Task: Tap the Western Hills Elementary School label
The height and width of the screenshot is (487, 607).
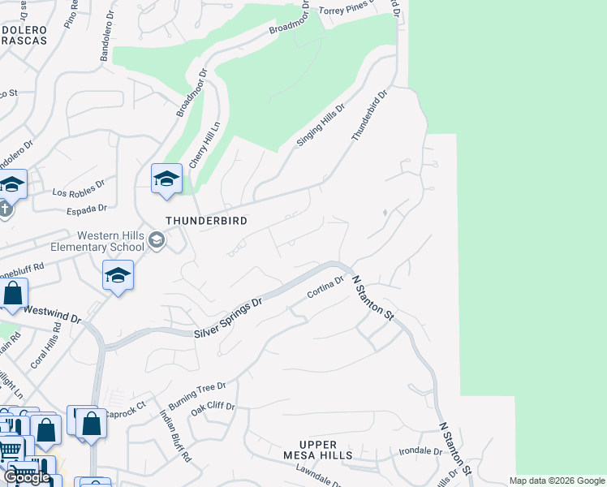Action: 97,241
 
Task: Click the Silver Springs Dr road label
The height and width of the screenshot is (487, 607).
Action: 228,318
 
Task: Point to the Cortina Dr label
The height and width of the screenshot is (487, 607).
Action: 326,287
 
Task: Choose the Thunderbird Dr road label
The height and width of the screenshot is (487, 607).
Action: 370,115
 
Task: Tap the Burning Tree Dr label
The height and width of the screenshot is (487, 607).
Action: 196,395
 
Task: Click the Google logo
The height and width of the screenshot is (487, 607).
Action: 26,477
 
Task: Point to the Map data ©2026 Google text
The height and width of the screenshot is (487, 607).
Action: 556,481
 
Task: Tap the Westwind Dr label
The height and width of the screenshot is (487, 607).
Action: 53,314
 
